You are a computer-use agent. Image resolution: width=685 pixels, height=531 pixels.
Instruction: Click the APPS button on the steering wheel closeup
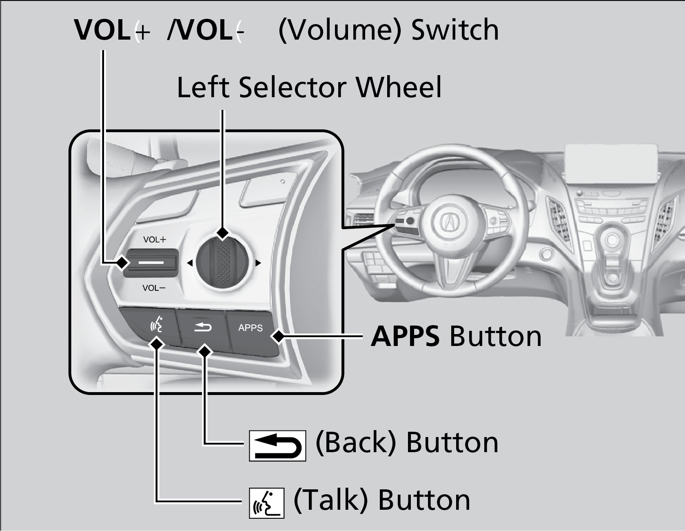250,328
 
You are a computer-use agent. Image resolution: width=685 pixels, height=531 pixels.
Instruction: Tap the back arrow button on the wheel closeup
203,327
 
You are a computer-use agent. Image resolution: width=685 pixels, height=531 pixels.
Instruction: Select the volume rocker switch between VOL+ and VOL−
151,263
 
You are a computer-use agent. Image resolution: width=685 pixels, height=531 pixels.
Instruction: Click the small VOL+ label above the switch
155,240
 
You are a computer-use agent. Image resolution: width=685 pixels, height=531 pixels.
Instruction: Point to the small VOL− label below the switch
154,288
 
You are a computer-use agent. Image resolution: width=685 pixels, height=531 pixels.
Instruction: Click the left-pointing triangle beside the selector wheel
190,263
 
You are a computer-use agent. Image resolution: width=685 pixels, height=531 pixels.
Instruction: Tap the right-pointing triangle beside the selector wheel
258,263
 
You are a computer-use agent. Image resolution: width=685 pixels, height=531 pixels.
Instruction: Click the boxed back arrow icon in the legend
277,446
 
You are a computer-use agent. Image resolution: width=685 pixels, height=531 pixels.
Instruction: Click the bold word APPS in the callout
405,337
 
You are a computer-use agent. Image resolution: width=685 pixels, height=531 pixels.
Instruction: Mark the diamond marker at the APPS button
278,337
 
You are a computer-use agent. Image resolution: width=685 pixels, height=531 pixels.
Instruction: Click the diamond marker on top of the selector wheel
223,233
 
